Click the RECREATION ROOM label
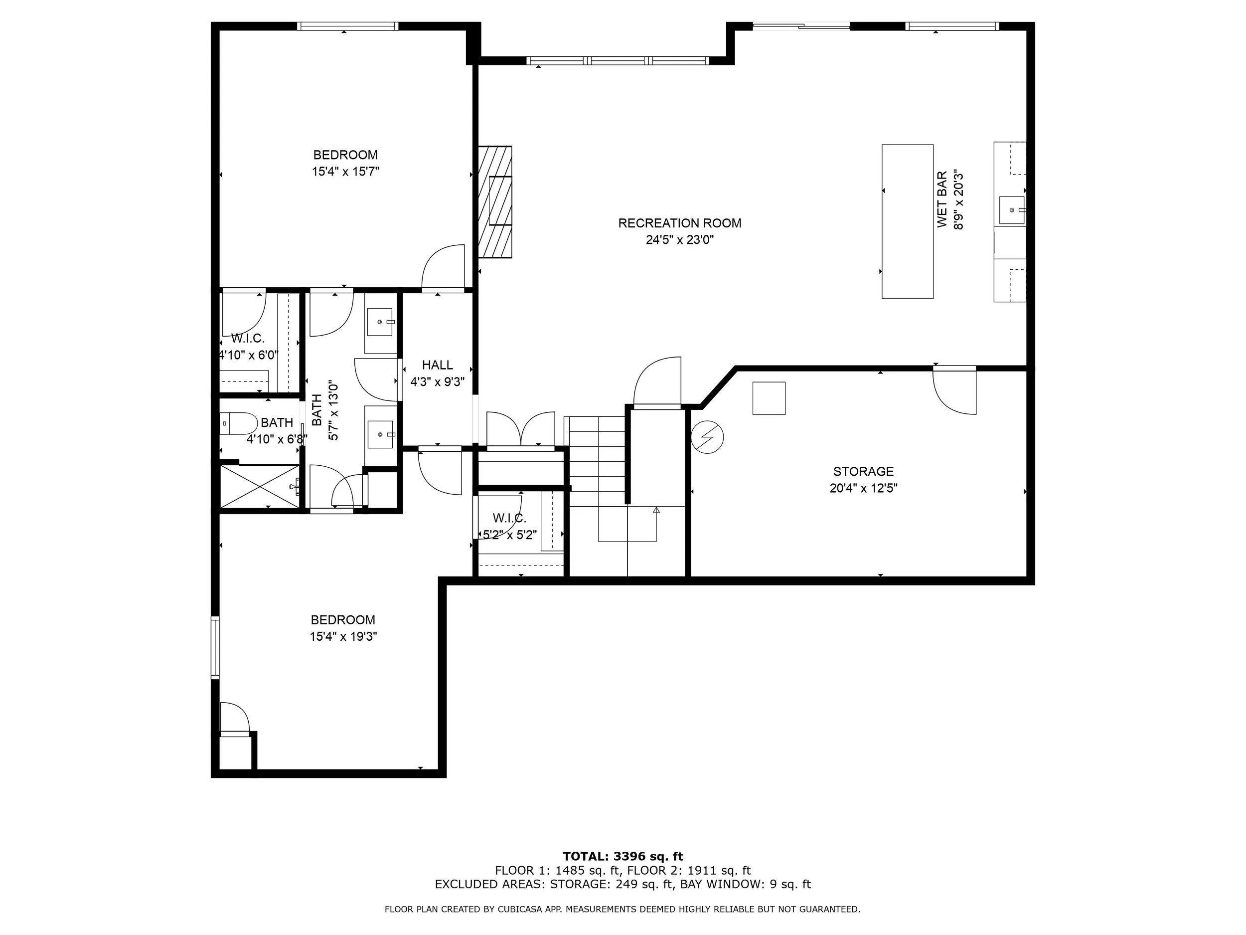click(680, 223)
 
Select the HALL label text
click(438, 365)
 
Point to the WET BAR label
click(942, 200)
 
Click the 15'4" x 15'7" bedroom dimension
click(346, 172)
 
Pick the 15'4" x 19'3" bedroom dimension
click(343, 636)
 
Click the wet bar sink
click(1012, 210)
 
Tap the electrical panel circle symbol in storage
click(708, 437)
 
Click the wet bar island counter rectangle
click(908, 221)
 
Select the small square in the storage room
click(769, 398)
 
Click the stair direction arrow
click(656, 524)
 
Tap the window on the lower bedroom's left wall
click(215, 648)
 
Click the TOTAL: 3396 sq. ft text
click(623, 857)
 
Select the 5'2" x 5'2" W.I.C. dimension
click(509, 535)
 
